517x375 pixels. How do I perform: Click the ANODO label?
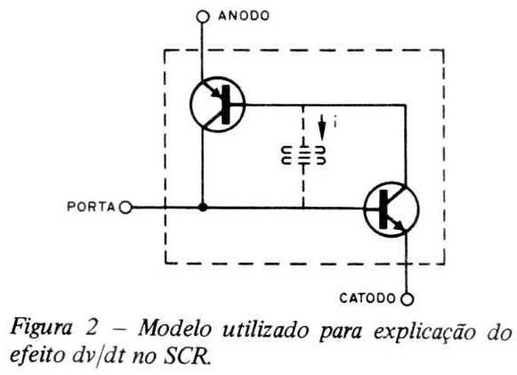click(x=244, y=15)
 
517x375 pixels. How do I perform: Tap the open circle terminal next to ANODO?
click(x=203, y=16)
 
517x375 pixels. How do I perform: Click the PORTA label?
click(x=91, y=207)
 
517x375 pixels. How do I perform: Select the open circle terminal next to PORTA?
click(x=125, y=208)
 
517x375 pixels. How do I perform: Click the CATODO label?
click(x=368, y=298)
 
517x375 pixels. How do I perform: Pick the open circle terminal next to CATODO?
click(x=408, y=299)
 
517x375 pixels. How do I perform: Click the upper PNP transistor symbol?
click(x=218, y=104)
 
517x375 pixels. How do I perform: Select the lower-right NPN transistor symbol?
click(x=392, y=209)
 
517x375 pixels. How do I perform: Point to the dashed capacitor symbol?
click(x=303, y=155)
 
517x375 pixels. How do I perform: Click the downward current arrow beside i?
click(x=322, y=127)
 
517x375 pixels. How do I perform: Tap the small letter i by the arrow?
click(x=335, y=121)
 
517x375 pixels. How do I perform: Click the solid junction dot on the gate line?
click(x=203, y=208)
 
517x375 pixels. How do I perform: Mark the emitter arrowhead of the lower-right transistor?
click(x=399, y=225)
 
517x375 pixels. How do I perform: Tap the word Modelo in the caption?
click(x=174, y=329)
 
